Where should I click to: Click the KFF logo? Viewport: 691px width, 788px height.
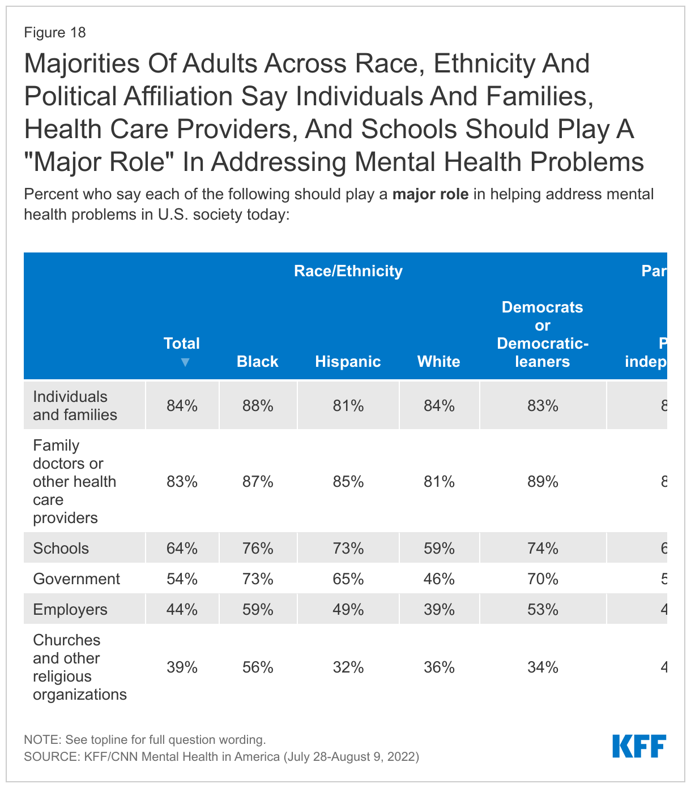point(639,746)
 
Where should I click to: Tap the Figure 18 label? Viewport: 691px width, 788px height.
point(55,32)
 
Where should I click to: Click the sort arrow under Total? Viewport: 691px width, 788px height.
point(185,362)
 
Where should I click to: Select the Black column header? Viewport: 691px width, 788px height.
point(258,362)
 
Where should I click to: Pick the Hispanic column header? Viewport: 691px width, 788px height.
point(348,362)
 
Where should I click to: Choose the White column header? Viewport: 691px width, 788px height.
point(439,362)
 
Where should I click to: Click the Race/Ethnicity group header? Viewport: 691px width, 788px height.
point(348,271)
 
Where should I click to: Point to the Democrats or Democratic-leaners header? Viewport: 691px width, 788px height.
point(543,334)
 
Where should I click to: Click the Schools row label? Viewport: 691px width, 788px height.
point(61,548)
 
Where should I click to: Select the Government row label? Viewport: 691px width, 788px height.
point(76,579)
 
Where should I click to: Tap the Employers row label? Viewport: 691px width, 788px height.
point(70,609)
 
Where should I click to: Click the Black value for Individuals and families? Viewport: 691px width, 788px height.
point(258,406)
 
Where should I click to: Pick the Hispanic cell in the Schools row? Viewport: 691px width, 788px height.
point(348,548)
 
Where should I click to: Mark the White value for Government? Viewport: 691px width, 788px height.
point(439,579)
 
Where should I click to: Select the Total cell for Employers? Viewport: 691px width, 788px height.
point(182,609)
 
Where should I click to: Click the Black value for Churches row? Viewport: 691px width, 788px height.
point(258,667)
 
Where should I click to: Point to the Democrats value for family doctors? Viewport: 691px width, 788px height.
point(543,482)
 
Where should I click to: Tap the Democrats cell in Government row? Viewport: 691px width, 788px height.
point(543,579)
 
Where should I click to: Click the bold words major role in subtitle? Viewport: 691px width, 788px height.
point(430,195)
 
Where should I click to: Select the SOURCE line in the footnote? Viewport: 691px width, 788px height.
point(221,756)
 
